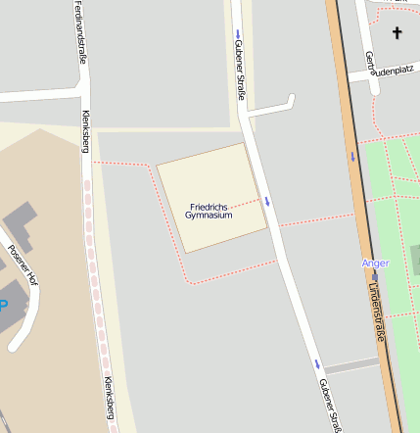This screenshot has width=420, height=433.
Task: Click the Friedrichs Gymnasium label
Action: [x=210, y=211]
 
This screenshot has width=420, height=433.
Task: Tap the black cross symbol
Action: [x=397, y=33]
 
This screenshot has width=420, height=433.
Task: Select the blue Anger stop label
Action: [x=375, y=263]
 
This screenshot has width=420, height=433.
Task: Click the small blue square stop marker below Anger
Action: [x=374, y=275]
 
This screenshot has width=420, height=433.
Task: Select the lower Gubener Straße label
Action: [x=329, y=404]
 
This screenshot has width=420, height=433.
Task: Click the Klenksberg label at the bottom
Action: [x=109, y=401]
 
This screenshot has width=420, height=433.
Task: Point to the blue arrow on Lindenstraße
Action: [x=352, y=156]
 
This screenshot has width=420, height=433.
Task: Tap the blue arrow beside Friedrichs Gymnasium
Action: [x=266, y=200]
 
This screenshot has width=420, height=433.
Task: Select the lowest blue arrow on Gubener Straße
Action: [x=317, y=364]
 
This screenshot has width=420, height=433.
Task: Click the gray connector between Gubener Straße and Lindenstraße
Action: [x=350, y=364]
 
